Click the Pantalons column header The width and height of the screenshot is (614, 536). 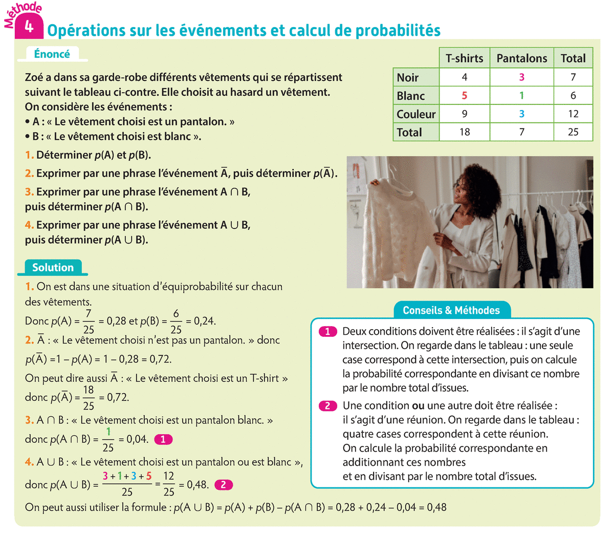[x=521, y=58]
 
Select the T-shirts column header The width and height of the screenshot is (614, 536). [x=464, y=58]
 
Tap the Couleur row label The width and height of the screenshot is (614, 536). [x=416, y=114]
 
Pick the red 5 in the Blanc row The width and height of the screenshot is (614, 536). [x=465, y=96]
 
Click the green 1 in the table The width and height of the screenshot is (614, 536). [x=521, y=96]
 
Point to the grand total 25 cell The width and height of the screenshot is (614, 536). [x=573, y=132]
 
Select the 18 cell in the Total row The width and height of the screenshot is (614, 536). [x=465, y=132]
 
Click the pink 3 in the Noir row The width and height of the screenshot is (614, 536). [x=521, y=77]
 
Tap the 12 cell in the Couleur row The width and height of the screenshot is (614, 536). [x=573, y=114]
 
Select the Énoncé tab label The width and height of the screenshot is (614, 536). [x=52, y=54]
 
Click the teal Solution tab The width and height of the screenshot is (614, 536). [x=53, y=267]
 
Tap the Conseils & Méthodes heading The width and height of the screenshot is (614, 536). [x=451, y=310]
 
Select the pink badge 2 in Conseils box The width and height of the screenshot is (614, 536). [x=327, y=406]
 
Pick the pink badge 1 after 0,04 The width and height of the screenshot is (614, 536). [x=163, y=439]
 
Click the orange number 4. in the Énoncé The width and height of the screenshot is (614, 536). [x=29, y=225]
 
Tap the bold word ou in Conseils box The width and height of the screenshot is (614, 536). [x=418, y=406]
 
